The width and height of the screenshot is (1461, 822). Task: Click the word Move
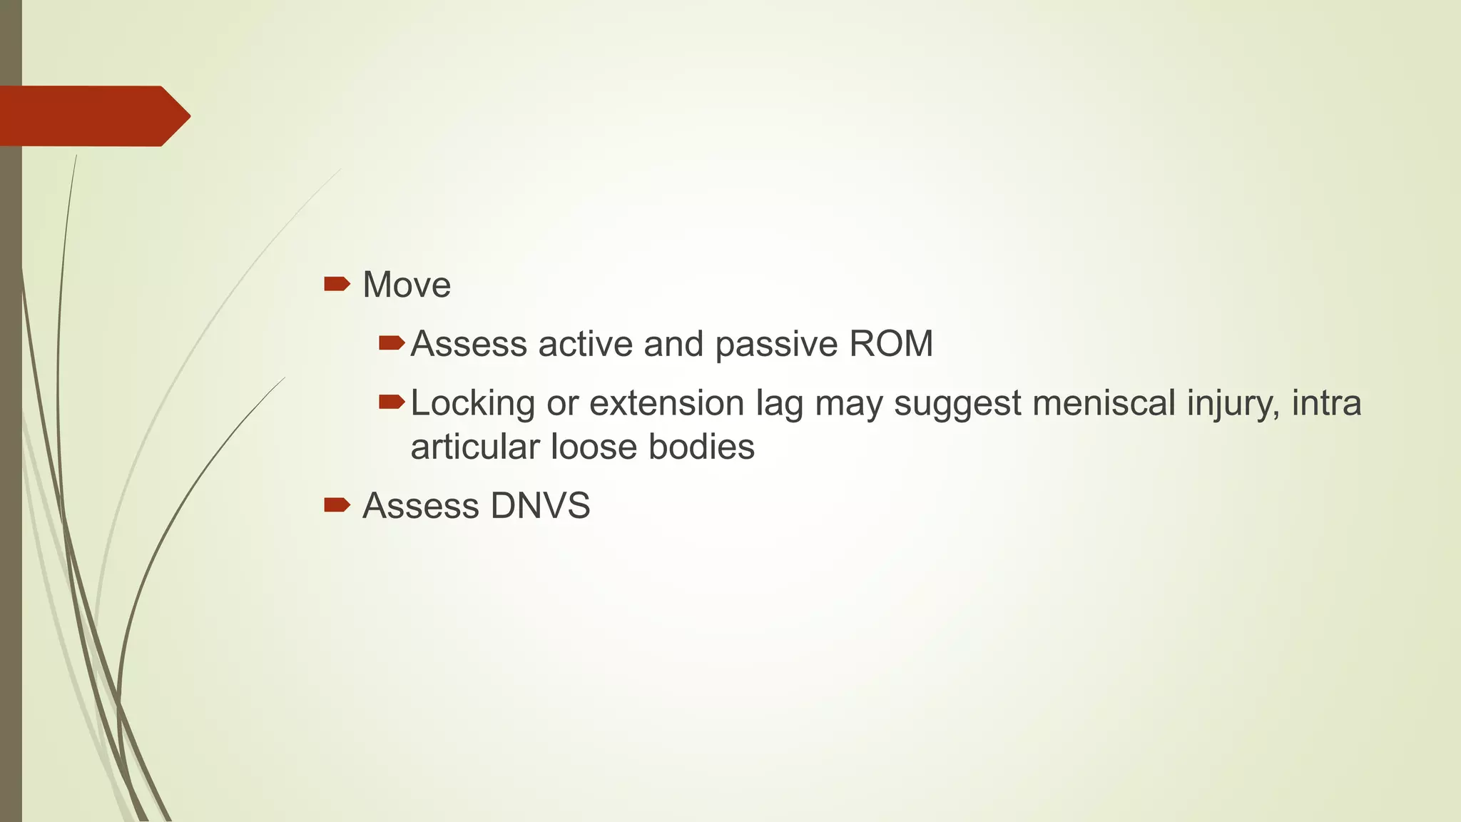tap(407, 285)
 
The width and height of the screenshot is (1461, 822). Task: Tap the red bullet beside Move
tap(337, 285)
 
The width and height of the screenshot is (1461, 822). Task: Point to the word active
tap(585, 344)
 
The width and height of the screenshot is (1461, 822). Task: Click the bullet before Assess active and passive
tap(392, 344)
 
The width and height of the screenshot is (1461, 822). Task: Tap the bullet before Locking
tap(392, 403)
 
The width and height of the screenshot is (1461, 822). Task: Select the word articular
tap(474, 447)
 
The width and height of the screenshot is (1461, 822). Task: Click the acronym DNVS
tap(540, 507)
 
